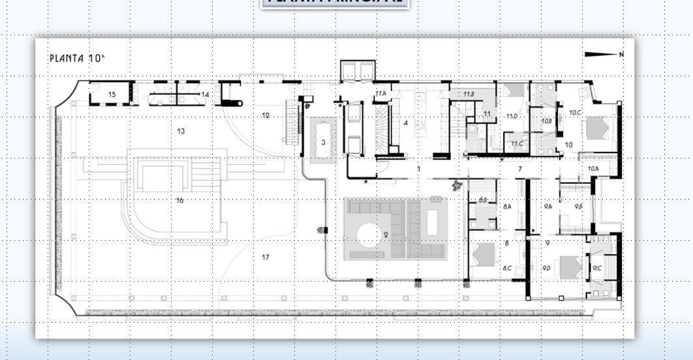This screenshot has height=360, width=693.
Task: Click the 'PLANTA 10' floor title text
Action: point(76,58)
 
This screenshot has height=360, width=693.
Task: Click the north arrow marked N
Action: point(604,55)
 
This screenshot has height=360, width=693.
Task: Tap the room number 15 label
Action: point(112,95)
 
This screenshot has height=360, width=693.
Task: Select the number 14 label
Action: point(204,95)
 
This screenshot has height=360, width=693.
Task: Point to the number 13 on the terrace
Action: point(181,131)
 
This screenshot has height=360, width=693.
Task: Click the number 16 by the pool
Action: point(179,200)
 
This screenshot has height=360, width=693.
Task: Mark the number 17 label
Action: point(266,257)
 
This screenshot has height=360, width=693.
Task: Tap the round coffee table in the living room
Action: point(369,235)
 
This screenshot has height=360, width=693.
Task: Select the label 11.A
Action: point(380,94)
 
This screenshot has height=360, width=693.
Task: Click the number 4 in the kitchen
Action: point(406,123)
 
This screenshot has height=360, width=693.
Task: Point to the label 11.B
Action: point(469,95)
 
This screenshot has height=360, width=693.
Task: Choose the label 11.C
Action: point(517,143)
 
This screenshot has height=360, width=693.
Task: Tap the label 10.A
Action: point(593,169)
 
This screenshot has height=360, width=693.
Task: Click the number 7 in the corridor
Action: point(520,170)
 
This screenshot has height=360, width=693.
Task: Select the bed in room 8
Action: point(484,254)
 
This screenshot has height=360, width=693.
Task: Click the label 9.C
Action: point(597,268)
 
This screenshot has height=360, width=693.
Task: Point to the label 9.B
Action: point(578,206)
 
